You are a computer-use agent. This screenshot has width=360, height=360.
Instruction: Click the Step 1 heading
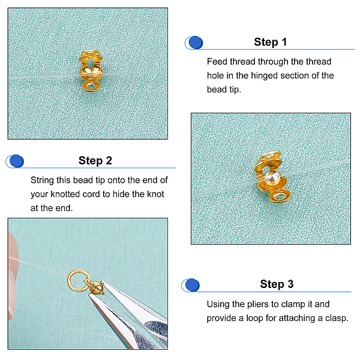coord(270,42)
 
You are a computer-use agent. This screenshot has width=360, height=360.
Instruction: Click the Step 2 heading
coord(95,161)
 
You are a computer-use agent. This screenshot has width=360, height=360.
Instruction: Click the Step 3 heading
coord(277,284)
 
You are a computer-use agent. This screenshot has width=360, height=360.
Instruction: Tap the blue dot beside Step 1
coord(196,43)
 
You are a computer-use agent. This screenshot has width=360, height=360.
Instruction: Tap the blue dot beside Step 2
coord(17,161)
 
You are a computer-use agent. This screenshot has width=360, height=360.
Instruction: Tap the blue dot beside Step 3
coord(192,285)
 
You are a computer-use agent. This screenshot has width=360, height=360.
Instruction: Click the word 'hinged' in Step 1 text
coord(264,76)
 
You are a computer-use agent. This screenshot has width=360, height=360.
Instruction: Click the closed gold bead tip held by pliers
coord(95,287)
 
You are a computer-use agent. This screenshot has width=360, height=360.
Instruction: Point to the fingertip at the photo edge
coord(13,275)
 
